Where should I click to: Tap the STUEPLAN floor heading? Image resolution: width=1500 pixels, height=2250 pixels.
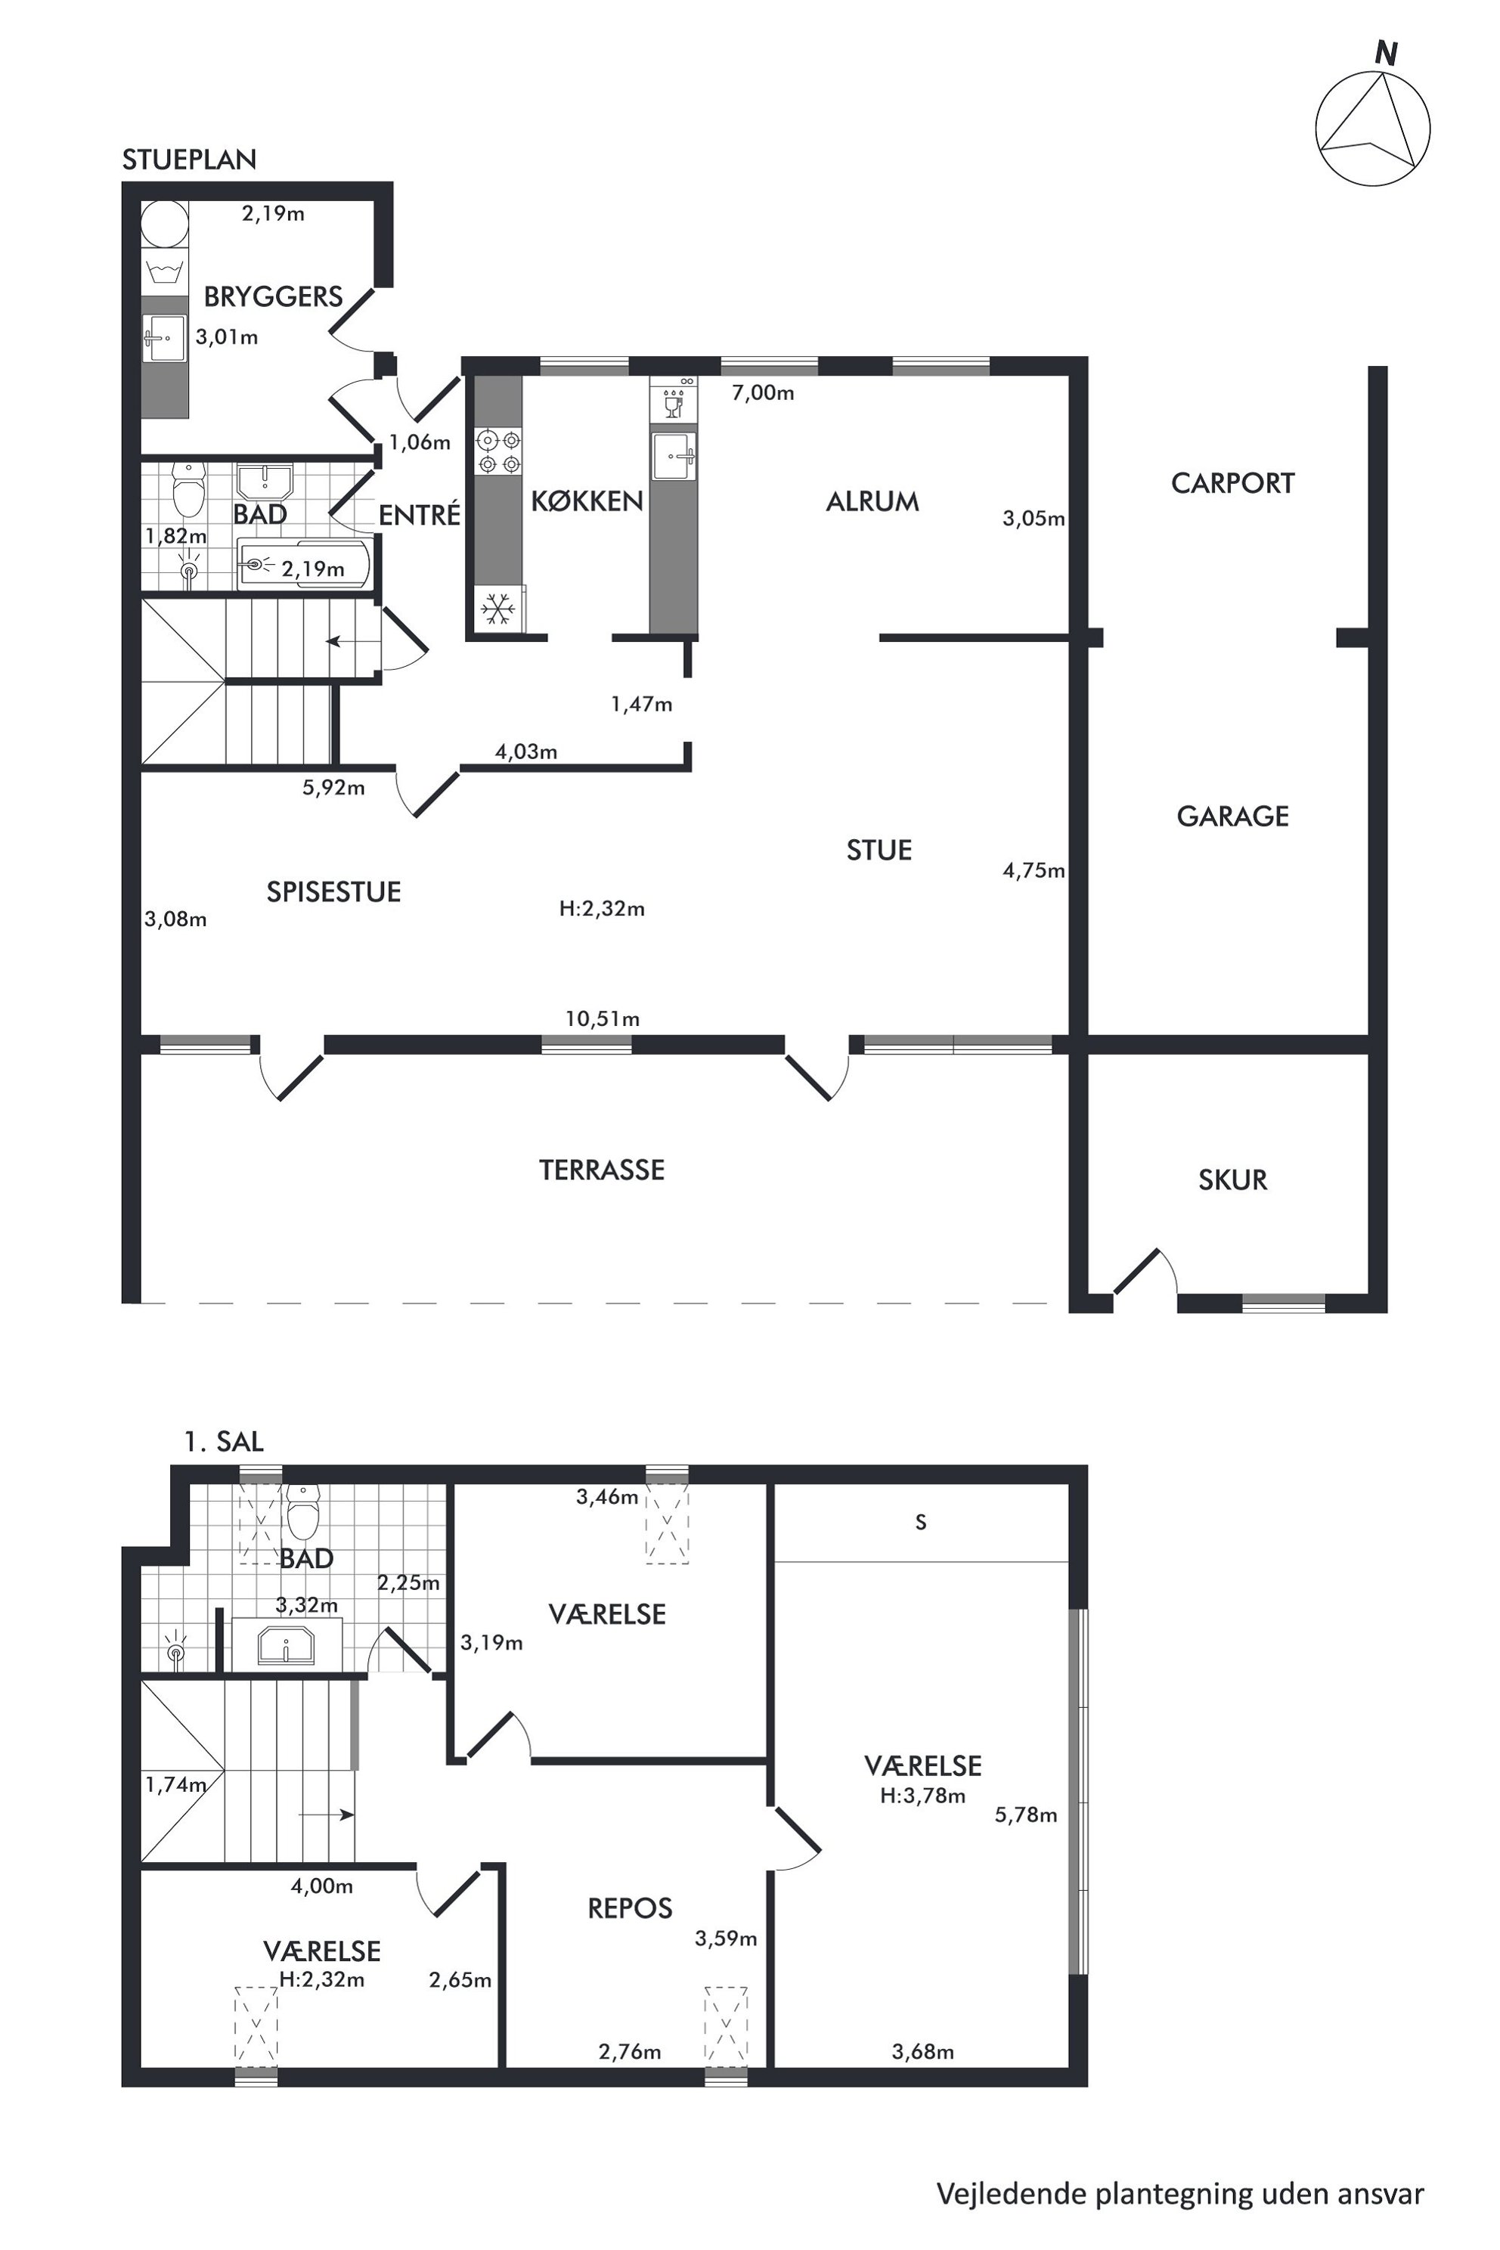(190, 160)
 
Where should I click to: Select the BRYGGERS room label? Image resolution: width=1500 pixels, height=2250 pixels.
(274, 296)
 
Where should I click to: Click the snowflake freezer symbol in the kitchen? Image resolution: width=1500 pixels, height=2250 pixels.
(497, 609)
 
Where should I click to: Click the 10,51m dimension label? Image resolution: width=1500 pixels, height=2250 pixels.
(602, 1019)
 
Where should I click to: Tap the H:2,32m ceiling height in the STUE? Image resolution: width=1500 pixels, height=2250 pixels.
(602, 909)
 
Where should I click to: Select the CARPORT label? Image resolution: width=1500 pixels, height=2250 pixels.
(1232, 483)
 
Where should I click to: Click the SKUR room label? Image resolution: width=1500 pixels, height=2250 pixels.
(1232, 1179)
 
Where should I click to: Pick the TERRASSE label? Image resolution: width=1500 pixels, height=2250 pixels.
(602, 1170)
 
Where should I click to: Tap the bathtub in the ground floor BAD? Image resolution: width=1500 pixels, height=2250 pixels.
(303, 566)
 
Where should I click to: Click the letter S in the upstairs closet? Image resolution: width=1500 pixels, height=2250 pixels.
(920, 1522)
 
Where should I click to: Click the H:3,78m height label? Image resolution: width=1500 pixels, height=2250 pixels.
(922, 1796)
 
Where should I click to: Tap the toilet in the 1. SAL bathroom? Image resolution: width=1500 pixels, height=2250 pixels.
(302, 1512)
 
